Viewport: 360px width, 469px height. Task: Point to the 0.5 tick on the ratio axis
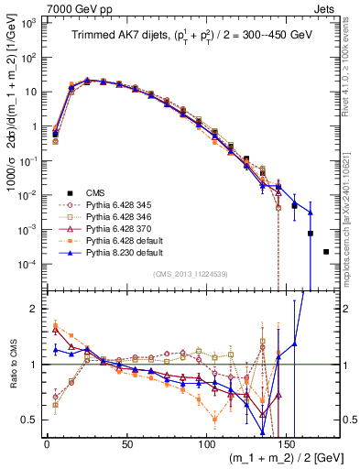pyautogui.click(x=32, y=420)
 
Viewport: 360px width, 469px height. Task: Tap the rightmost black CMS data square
pyautogui.click(x=326, y=251)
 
